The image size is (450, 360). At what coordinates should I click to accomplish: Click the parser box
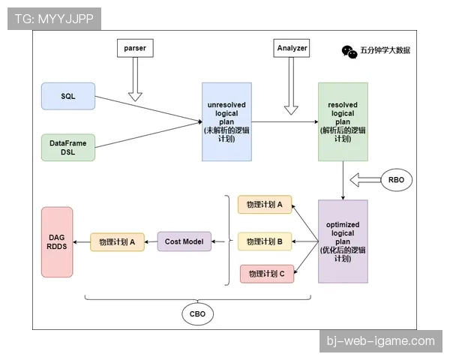click(x=135, y=48)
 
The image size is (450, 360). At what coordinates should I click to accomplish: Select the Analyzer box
click(x=291, y=48)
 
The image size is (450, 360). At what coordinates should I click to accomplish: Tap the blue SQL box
click(x=68, y=96)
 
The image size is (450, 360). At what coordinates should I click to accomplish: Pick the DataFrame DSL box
click(x=68, y=148)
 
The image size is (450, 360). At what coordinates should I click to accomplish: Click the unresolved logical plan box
click(x=226, y=121)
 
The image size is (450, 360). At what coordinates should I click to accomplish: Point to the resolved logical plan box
click(x=343, y=121)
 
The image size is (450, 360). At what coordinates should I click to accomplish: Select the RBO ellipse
click(x=396, y=180)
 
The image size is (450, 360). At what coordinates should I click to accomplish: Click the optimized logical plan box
click(x=343, y=241)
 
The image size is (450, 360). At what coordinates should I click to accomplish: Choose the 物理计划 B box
click(x=265, y=241)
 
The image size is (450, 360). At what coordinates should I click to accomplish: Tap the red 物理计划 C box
click(x=267, y=274)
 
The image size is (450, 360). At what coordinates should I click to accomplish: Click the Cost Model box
click(x=184, y=241)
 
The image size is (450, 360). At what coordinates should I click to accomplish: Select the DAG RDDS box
click(x=57, y=242)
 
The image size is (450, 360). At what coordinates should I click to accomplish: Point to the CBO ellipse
click(x=198, y=313)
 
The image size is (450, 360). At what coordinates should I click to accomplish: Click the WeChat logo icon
click(x=349, y=52)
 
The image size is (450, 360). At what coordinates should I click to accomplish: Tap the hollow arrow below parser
click(x=135, y=79)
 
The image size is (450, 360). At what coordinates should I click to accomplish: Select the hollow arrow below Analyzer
click(x=291, y=85)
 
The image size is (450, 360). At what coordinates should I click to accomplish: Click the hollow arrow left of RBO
click(x=365, y=180)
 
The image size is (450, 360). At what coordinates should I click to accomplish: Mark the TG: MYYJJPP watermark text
click(x=54, y=19)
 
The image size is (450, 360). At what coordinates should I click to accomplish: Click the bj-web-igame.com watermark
click(x=381, y=341)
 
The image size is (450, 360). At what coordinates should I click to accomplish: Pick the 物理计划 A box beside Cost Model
click(x=117, y=242)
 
